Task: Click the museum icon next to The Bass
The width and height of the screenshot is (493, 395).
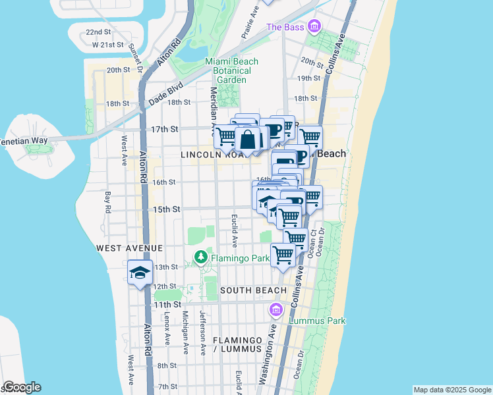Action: [x=314, y=27]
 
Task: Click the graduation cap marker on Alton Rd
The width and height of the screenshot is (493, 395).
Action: [x=140, y=272]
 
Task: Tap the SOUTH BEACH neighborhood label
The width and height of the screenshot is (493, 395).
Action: [x=253, y=290]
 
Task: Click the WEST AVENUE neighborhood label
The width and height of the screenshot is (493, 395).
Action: [x=129, y=248]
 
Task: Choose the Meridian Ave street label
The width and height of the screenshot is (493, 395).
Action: [x=214, y=109]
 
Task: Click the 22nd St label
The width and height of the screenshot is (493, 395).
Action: [x=98, y=32]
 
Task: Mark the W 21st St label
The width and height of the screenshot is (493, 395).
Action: [x=108, y=45]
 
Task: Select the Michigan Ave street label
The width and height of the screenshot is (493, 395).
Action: [x=185, y=332]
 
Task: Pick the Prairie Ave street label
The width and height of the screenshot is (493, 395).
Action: [x=248, y=24]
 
